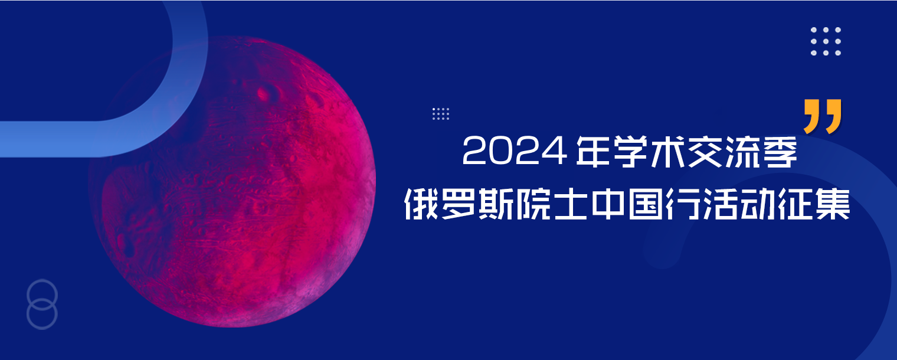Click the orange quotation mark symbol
tap(823, 116)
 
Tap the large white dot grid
tap(826, 41)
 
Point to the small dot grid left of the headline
tap(441, 114)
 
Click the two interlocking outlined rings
tap(42, 304)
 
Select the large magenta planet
tap(233, 183)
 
